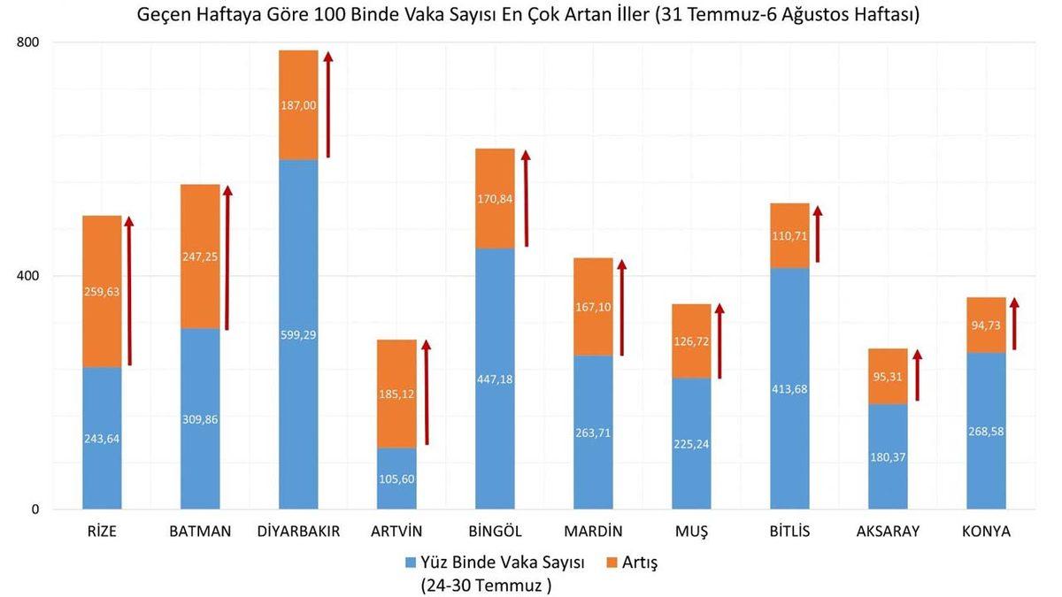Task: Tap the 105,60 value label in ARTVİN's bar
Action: (x=396, y=478)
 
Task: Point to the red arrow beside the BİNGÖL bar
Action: (x=526, y=198)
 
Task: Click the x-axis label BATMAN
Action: (x=200, y=532)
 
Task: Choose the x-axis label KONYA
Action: (x=986, y=532)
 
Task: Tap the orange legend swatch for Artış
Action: (x=611, y=563)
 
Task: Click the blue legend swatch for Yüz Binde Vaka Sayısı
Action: (x=410, y=563)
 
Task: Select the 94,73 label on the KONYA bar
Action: (x=986, y=326)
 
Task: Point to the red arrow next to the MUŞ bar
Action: (x=720, y=341)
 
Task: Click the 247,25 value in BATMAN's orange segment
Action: (x=200, y=256)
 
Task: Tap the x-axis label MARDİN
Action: (x=593, y=532)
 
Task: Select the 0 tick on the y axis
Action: (x=35, y=509)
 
